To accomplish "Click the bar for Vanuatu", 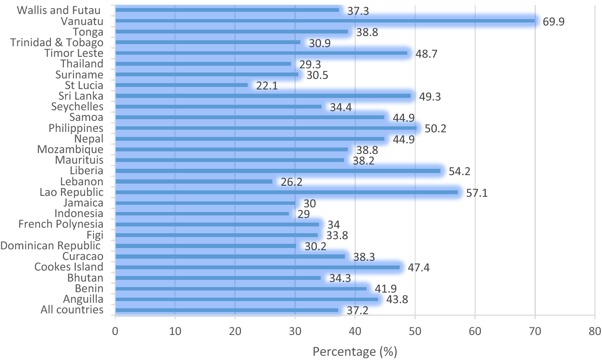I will pos(325,21).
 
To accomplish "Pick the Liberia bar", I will pos(277,171).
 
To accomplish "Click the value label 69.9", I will pos(554,22).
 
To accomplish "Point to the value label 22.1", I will pos(267,86).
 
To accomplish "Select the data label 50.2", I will pos(435,128).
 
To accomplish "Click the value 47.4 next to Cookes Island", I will pos(419,268).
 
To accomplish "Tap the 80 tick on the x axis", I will pos(595,331).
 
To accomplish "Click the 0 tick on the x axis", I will pos(115,331).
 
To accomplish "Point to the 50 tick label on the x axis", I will pos(415,331).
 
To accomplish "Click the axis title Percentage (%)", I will pos(355,352).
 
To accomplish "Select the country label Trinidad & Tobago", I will pos(57,42).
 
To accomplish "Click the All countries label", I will pos(72,310).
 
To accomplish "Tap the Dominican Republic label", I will pos(50,246).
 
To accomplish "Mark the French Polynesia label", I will pos(61,224).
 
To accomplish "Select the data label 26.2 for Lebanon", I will pos(291,182).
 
